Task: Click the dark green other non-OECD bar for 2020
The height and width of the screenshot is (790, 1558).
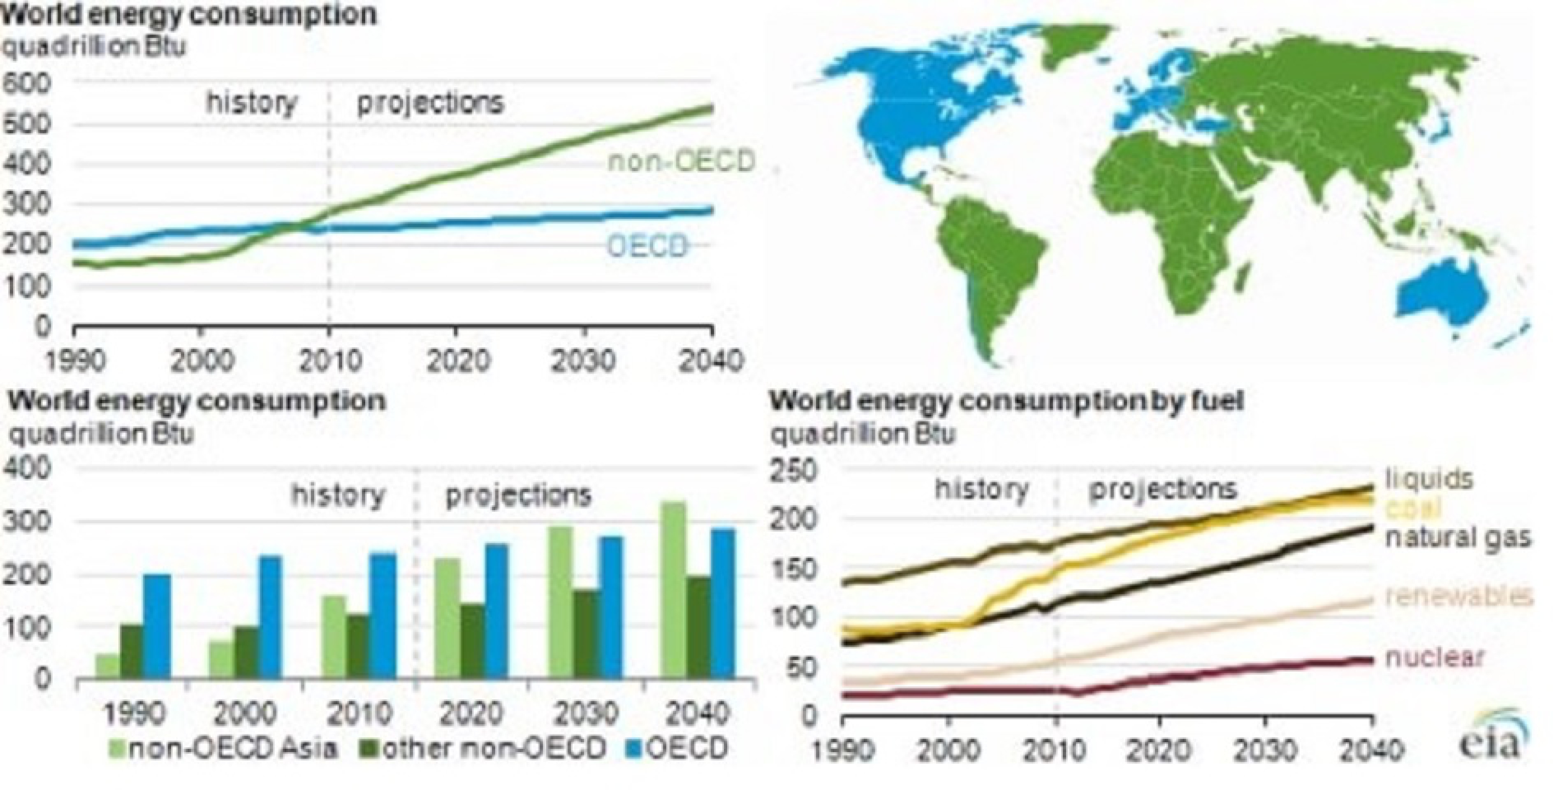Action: pos(472,641)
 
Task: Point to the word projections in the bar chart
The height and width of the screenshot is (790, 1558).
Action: pos(518,495)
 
